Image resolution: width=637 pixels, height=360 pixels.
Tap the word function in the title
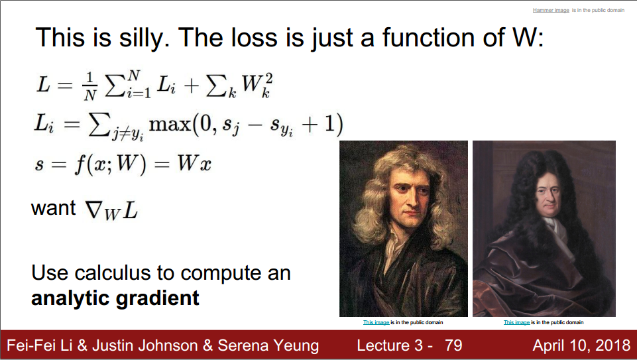430,37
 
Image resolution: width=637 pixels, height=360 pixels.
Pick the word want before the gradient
54,208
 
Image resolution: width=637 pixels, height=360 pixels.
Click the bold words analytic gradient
115,298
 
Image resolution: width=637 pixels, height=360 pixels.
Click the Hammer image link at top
550,10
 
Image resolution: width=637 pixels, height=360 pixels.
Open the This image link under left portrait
376,322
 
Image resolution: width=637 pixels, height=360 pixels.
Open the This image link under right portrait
516,322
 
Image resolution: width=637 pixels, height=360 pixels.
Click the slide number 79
453,345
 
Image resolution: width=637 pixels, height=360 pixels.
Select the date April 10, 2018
581,345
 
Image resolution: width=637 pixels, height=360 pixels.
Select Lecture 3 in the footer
391,345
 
